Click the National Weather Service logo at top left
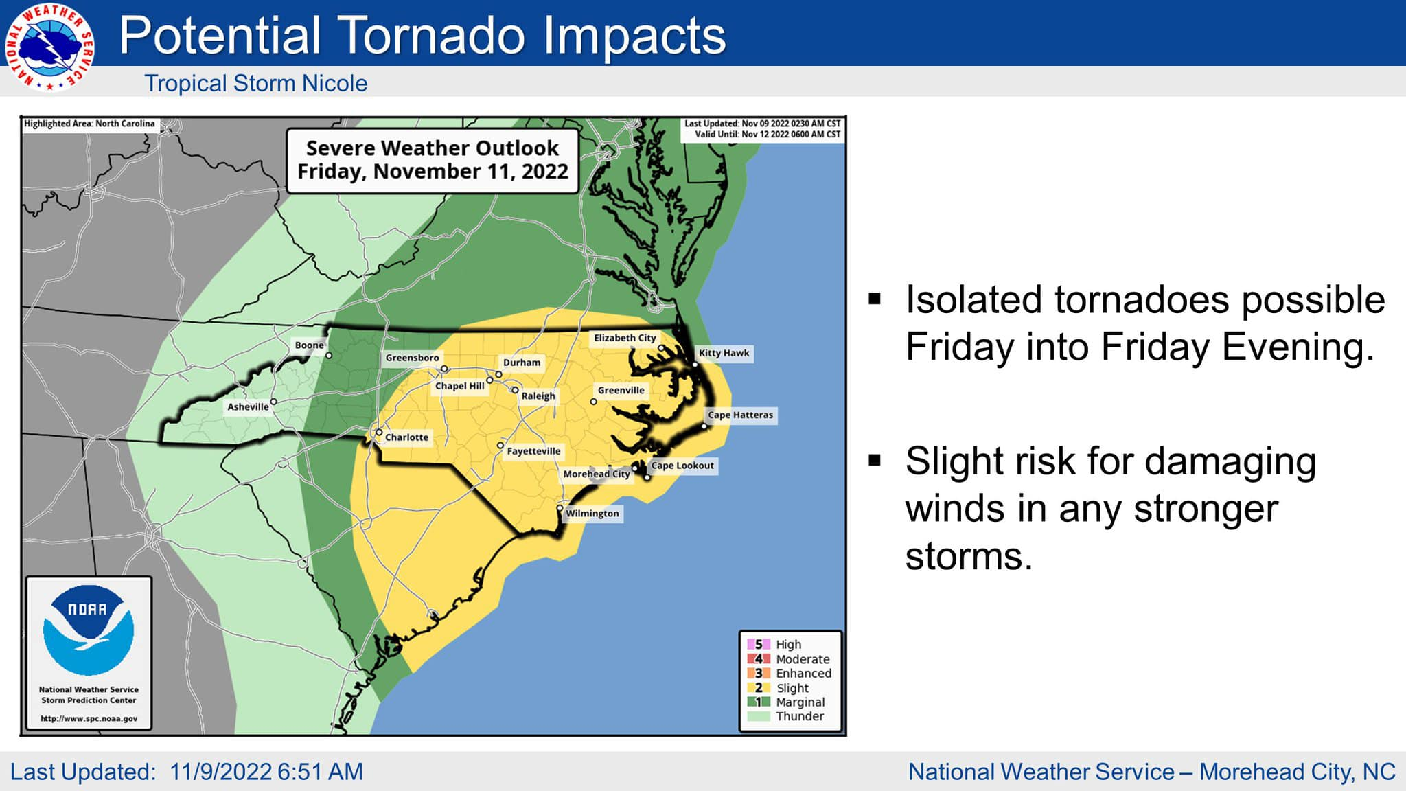49,47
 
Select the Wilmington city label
592,514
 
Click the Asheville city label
248,407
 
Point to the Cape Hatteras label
740,415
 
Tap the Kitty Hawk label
724,354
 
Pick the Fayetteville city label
533,452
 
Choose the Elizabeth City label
625,338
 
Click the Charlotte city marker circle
378,433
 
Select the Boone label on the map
309,345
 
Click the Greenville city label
621,391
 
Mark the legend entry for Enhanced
803,674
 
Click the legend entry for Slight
792,688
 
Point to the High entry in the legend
788,645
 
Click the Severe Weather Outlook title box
433,160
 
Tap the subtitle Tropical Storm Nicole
255,84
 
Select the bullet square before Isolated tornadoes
875,299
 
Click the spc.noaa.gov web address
89,719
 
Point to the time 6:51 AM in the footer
320,772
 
